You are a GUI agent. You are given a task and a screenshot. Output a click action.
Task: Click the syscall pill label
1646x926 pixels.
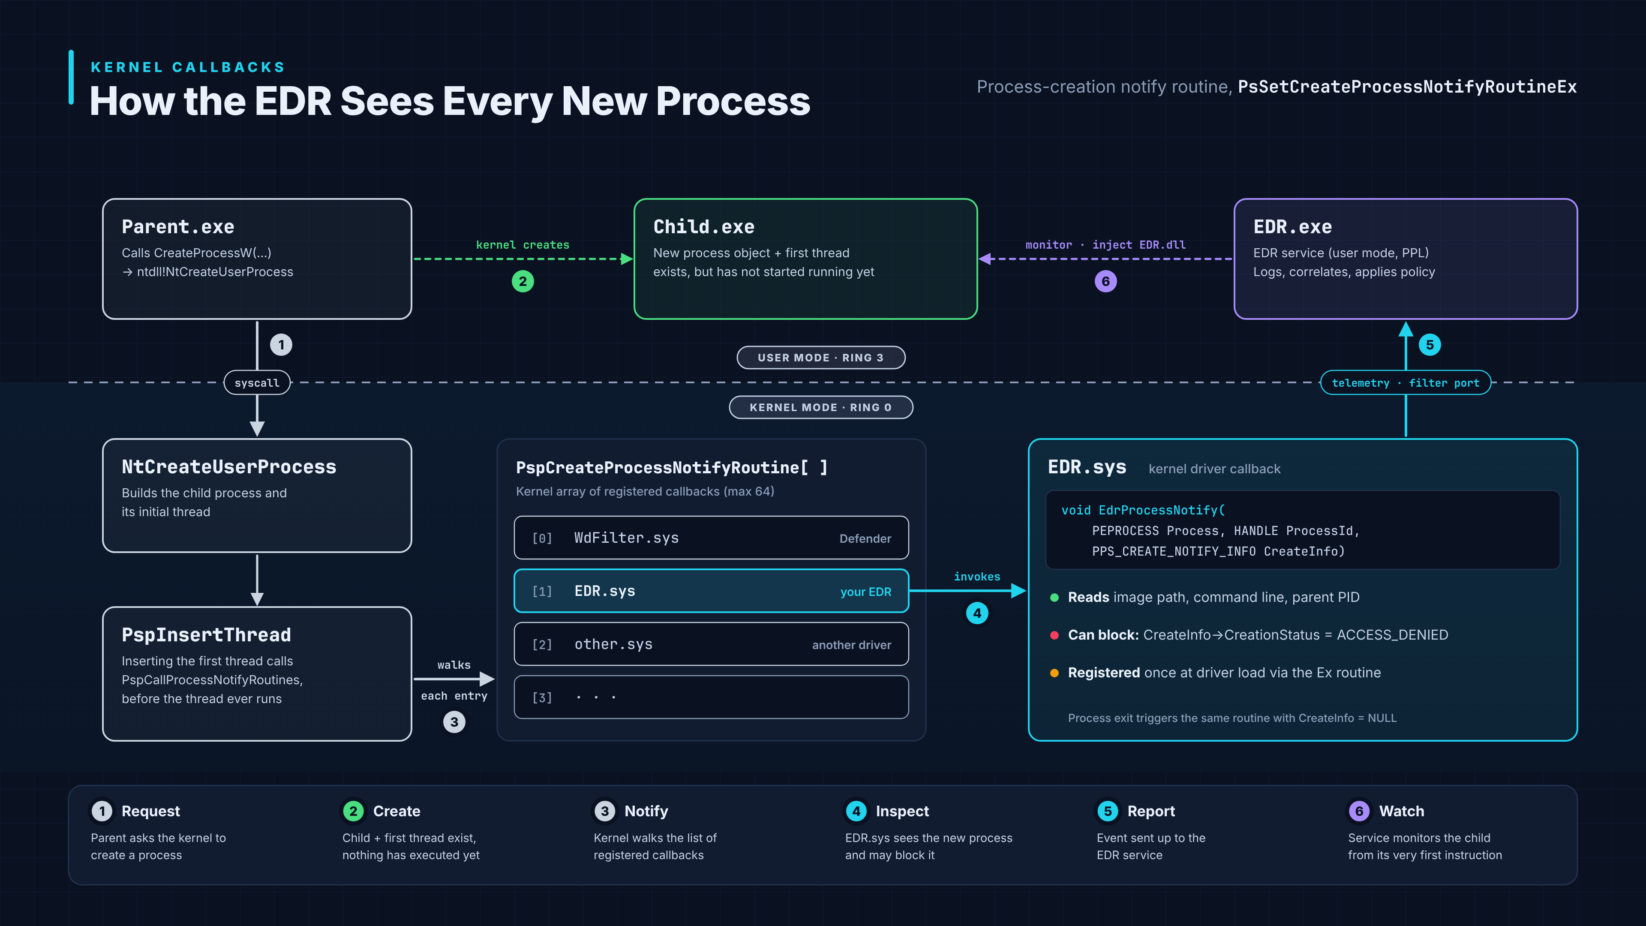(257, 383)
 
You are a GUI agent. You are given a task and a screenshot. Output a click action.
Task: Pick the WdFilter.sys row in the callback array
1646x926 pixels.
(711, 538)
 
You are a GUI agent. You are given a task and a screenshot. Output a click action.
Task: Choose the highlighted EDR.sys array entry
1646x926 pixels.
(711, 591)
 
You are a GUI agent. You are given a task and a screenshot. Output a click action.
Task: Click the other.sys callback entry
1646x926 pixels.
(711, 644)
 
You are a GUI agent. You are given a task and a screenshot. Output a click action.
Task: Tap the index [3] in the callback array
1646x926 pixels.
(542, 698)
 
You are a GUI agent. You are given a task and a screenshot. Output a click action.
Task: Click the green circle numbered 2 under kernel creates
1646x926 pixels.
(523, 281)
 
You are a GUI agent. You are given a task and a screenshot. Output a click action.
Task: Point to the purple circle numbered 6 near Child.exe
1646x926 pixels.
(1105, 281)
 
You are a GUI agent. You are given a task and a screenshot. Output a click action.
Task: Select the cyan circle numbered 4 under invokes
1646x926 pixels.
(977, 613)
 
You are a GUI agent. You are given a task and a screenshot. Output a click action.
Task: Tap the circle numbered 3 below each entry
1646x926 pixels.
(454, 722)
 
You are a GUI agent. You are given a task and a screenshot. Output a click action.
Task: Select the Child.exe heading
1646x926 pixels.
(703, 227)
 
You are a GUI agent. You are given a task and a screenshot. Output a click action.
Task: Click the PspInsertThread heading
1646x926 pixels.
(206, 634)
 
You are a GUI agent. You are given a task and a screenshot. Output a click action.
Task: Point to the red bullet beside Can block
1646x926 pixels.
(1054, 635)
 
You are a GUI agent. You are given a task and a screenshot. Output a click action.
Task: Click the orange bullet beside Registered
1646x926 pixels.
(1054, 673)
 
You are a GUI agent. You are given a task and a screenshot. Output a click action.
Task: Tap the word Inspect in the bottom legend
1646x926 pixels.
(902, 811)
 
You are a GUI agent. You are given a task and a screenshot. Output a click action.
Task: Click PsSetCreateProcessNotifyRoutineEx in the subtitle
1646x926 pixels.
(1407, 87)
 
